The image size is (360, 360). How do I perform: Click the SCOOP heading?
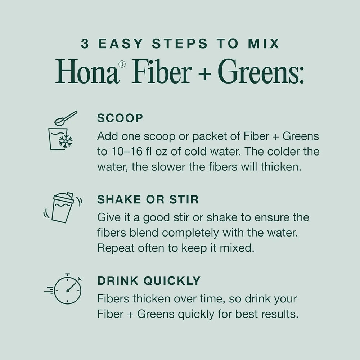[120, 118]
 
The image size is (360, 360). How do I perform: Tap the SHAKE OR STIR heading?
[148, 199]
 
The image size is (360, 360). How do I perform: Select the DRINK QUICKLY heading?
[149, 280]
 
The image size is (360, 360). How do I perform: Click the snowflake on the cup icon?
[66, 141]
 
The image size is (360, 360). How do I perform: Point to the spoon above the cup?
[66, 118]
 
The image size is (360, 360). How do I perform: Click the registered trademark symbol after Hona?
[122, 64]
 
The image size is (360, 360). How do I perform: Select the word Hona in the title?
[87, 71]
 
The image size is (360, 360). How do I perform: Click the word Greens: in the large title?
[261, 71]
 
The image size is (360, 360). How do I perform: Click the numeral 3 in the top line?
[85, 44]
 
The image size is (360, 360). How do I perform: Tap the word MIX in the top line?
[264, 44]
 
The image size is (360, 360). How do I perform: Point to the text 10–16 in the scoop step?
[126, 152]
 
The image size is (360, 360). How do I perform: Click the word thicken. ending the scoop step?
[281, 167]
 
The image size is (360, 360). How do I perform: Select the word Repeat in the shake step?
[116, 248]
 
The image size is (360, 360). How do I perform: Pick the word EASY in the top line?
[121, 44]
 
